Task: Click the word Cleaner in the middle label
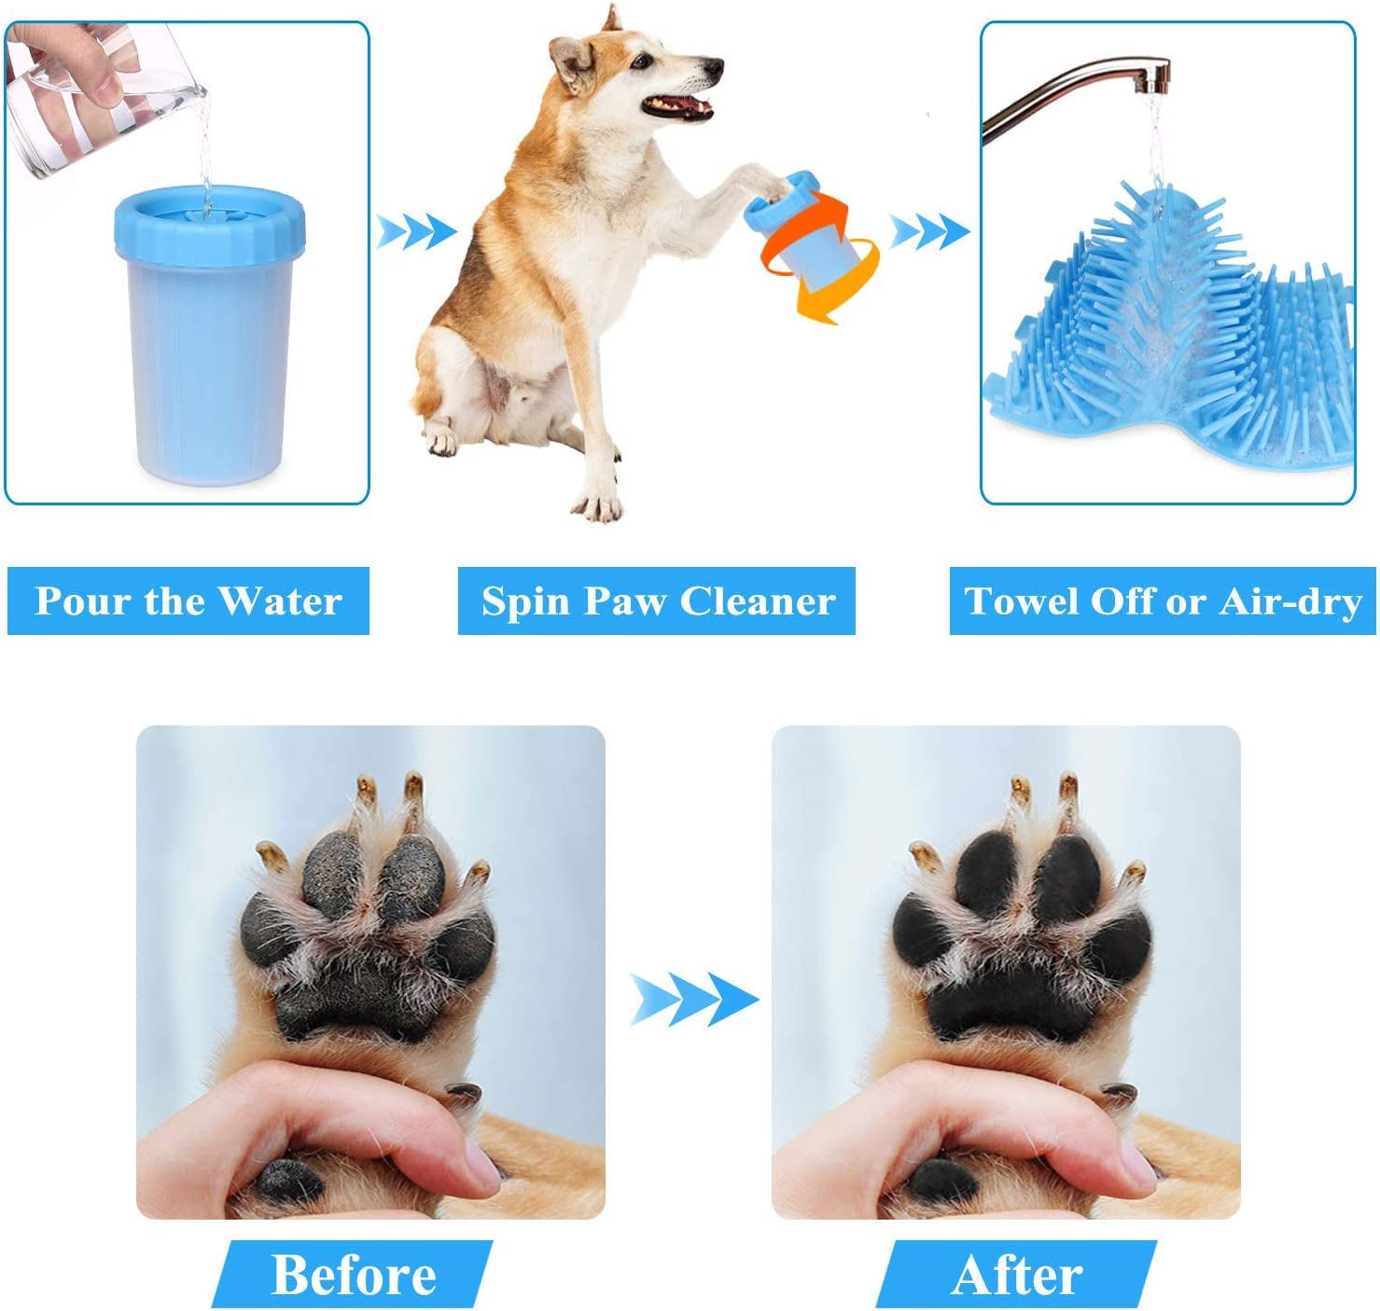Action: tap(758, 601)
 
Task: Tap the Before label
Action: tap(353, 1274)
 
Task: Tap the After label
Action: tap(1017, 1274)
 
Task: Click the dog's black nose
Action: tap(713, 67)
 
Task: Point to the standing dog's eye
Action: tap(642, 61)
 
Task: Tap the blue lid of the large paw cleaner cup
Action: tap(209, 225)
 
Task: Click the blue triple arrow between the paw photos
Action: tap(694, 1000)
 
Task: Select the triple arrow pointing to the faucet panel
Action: tap(929, 231)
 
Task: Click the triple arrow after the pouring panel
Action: tap(416, 232)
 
